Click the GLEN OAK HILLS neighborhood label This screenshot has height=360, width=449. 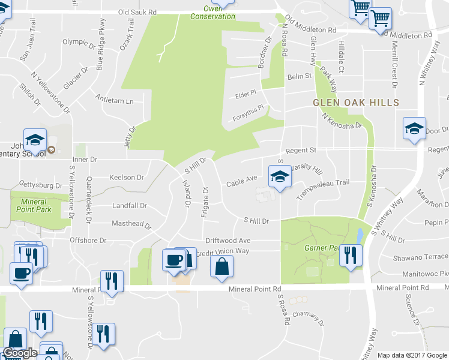coord(356,103)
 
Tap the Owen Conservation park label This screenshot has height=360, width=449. coord(212,13)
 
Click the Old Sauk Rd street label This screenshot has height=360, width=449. coord(137,11)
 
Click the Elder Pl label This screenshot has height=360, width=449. coord(246,94)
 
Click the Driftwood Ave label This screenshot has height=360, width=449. coord(228,240)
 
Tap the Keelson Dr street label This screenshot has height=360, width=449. coord(127,178)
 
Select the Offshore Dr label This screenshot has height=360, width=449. coord(88,241)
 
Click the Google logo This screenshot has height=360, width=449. coord(20,353)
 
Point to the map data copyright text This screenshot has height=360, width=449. coord(413,355)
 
